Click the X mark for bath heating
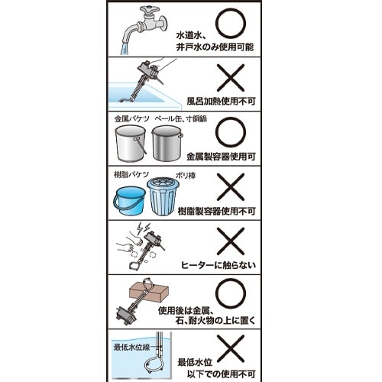coord(231,78)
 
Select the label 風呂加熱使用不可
coord(221,102)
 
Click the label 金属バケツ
coord(131,119)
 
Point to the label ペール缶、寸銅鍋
coord(181,119)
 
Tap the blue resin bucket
coord(129,200)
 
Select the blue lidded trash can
coord(161,196)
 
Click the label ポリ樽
coord(186,176)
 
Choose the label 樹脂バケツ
coord(131,175)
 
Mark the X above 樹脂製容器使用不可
coord(231,187)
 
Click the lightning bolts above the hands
coord(143,228)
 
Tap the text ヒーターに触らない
coord(219,265)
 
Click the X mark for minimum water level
coord(231,348)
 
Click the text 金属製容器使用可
coord(221,157)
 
